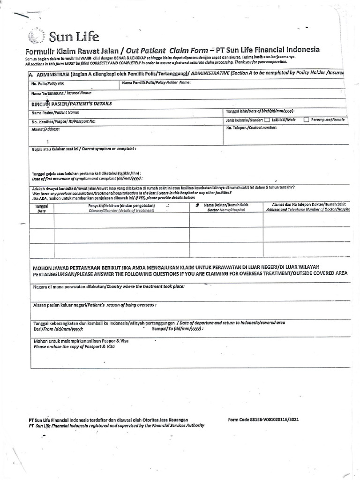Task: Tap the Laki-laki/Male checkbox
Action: click(267, 120)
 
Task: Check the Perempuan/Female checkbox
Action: click(306, 120)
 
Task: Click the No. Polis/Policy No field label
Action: click(47, 83)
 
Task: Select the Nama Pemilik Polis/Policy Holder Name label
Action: click(156, 82)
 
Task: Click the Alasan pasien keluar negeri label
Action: click(94, 305)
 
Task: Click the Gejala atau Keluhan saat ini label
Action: click(84, 149)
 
